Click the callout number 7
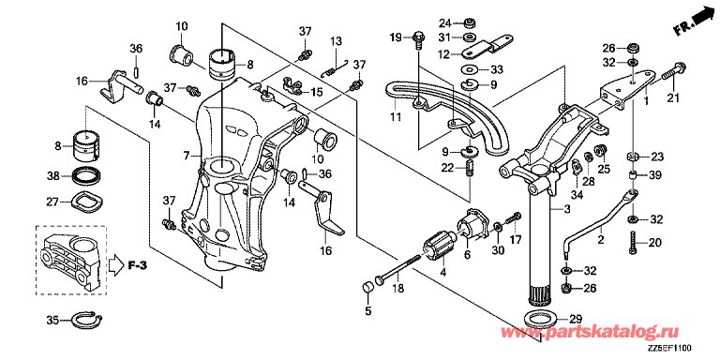click(x=186, y=157)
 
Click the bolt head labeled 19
click(x=418, y=37)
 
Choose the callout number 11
click(x=396, y=117)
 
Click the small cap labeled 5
click(x=366, y=288)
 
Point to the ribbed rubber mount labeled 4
click(x=440, y=247)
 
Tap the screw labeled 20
click(x=634, y=241)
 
